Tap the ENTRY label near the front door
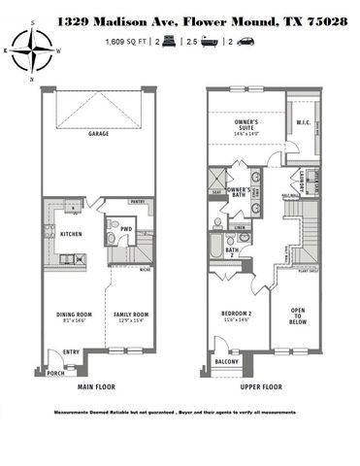(72, 352)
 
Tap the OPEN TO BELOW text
(299, 316)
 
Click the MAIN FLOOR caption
(97, 387)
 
